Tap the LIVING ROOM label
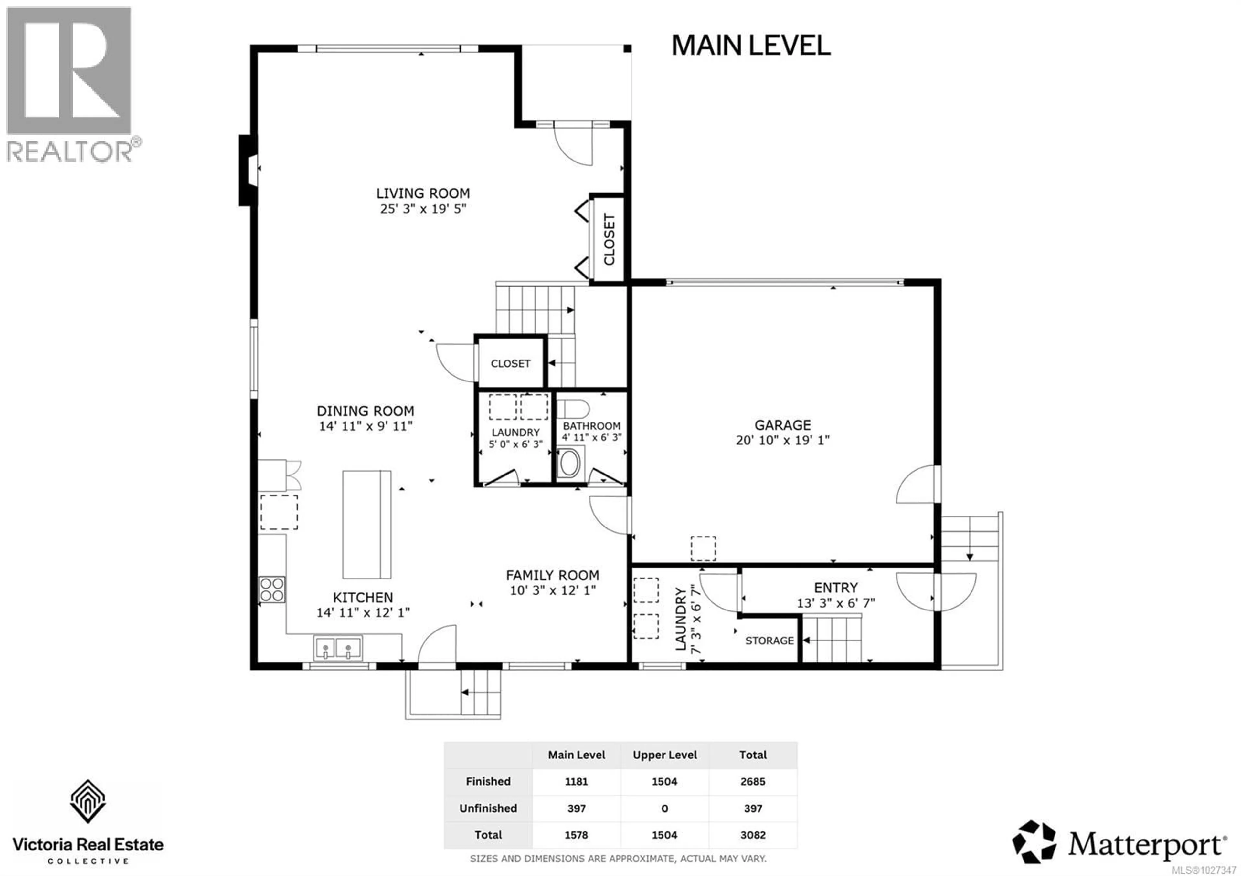[x=423, y=193]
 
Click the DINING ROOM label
[x=366, y=411]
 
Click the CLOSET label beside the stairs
[x=510, y=363]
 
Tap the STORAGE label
[x=769, y=641]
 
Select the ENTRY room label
[x=836, y=588]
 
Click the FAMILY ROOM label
[x=552, y=575]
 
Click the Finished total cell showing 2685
[x=752, y=781]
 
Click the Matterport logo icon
[x=1034, y=842]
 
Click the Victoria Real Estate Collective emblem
[x=88, y=801]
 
